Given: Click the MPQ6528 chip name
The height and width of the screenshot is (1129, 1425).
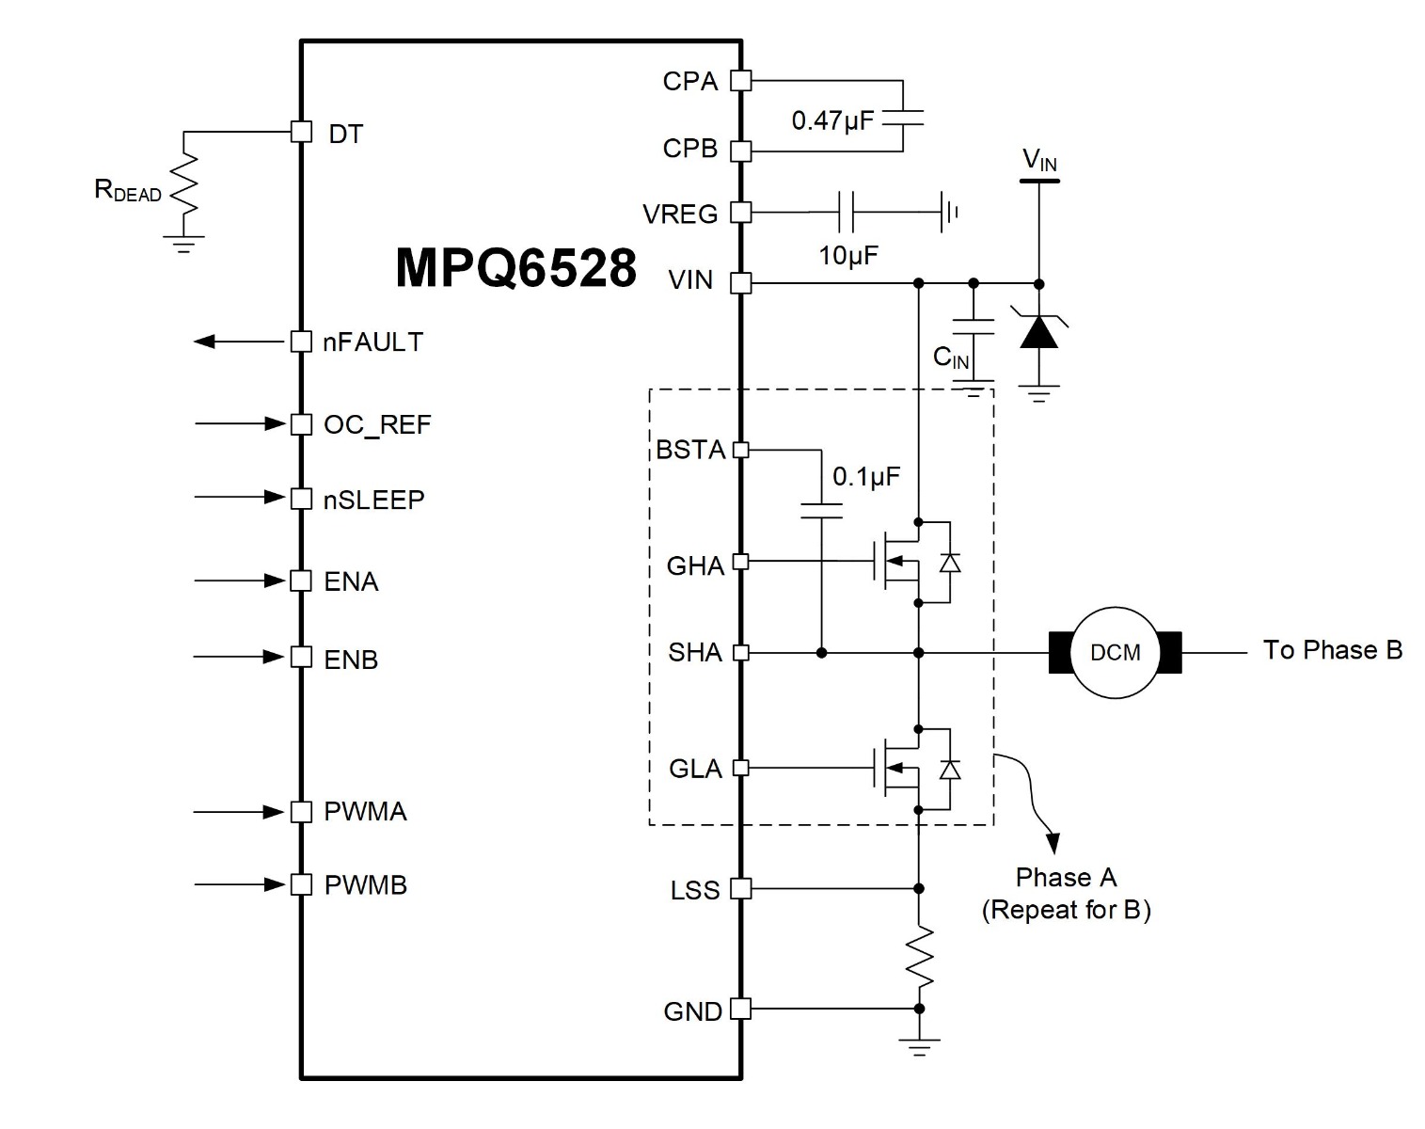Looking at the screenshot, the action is (x=515, y=268).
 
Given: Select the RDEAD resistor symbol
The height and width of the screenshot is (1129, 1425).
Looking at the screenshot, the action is (x=184, y=184).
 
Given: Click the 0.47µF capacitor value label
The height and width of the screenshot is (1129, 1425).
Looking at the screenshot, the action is (x=832, y=120).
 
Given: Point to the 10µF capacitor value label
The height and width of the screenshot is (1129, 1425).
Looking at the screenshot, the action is (x=848, y=255).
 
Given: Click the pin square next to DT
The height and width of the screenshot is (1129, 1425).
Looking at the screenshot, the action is (x=301, y=132).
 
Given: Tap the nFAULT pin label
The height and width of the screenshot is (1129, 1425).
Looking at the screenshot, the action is (x=372, y=342).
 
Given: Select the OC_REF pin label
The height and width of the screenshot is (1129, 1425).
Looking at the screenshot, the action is (x=377, y=425).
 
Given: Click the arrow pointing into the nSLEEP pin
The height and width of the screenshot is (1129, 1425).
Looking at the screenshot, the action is (x=240, y=497).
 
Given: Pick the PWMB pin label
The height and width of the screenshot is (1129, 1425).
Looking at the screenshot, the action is (x=366, y=885).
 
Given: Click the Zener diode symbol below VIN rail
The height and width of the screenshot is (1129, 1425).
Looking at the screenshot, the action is (x=1039, y=331).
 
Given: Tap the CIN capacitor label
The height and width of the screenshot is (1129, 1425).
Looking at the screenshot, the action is (x=951, y=358).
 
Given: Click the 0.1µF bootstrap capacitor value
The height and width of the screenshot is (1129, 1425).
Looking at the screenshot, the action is (x=866, y=476).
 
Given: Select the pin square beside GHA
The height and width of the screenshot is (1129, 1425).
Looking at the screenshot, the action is (x=741, y=562).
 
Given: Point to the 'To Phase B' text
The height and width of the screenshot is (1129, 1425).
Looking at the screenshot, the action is (x=1332, y=650).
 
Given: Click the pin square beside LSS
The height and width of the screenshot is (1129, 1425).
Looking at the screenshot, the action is (x=741, y=888).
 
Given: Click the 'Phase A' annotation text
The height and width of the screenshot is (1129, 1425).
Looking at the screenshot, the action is (x=1066, y=877).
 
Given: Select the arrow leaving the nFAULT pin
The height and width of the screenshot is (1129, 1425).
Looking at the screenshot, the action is (x=239, y=342).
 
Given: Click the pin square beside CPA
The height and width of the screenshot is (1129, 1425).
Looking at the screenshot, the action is (x=741, y=81).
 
